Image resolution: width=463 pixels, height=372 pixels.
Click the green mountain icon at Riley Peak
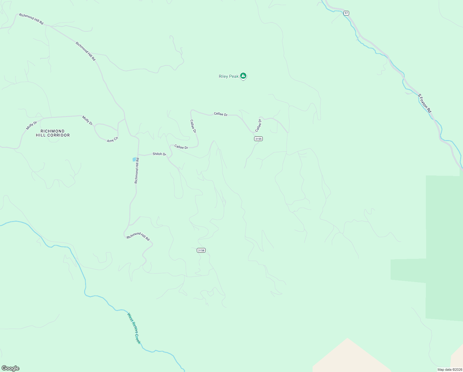[x=243, y=76]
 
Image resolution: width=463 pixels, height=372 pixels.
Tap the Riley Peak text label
[x=228, y=77]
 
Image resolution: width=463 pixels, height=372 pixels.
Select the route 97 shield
[x=346, y=13]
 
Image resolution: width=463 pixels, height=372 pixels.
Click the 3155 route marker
[x=258, y=139]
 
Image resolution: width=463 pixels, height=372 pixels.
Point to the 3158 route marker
[x=201, y=250]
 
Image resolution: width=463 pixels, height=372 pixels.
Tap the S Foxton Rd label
[x=425, y=104]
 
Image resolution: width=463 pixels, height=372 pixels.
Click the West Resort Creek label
[x=134, y=328]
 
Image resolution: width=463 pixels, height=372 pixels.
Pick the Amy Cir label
[x=112, y=140]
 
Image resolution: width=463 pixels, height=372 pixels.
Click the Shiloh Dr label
[x=159, y=154]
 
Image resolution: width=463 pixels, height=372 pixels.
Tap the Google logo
[x=11, y=368]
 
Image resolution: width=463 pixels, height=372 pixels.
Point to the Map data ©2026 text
[x=449, y=370]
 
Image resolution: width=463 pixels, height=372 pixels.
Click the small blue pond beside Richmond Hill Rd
[x=134, y=159]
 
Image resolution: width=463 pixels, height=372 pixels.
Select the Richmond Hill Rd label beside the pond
[x=137, y=171]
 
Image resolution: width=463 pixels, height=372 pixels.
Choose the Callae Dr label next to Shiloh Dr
[x=181, y=147]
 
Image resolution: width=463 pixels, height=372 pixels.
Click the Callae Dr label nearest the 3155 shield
[x=258, y=125]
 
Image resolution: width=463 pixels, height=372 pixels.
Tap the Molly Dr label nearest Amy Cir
[x=87, y=120]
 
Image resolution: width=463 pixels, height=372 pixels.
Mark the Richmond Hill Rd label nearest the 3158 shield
[x=138, y=236]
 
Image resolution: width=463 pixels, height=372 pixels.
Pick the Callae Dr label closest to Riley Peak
[x=221, y=114]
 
